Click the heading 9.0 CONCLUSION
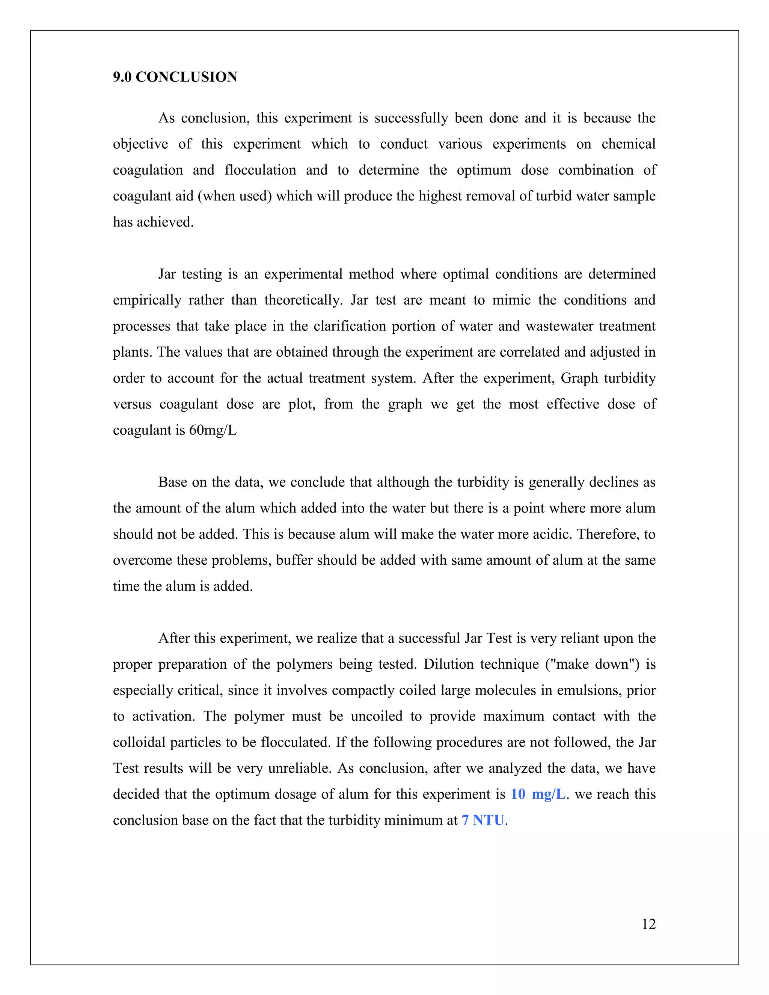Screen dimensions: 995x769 [175, 77]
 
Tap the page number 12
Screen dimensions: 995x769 [648, 924]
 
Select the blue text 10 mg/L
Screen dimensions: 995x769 [538, 794]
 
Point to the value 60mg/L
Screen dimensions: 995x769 [213, 430]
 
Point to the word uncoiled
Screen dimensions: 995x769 [376, 716]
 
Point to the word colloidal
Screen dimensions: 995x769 [139, 742]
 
